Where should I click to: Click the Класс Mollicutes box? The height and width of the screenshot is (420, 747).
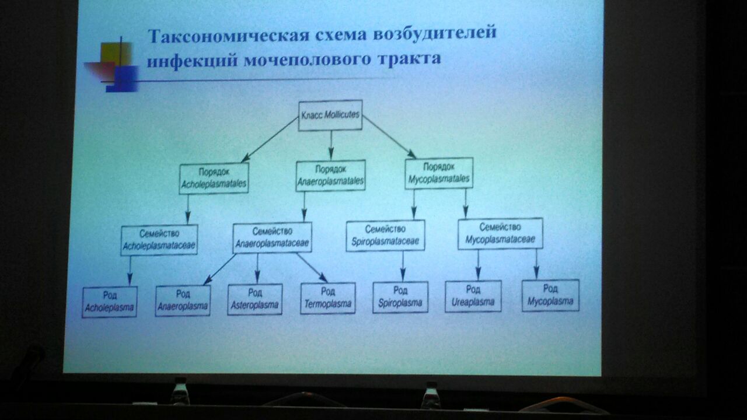(330, 116)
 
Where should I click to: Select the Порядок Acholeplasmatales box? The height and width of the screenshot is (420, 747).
(214, 178)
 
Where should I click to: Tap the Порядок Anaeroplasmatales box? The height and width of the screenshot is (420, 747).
(330, 176)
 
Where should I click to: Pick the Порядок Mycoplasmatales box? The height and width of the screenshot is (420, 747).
(439, 173)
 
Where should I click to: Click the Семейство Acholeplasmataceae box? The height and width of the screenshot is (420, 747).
(159, 240)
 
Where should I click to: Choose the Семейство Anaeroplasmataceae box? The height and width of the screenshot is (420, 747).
(272, 237)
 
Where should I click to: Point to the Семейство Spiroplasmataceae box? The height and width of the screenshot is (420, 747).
(385, 235)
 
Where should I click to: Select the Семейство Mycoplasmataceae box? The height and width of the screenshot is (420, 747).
(500, 234)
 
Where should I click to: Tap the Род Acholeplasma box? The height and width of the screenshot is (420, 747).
(109, 302)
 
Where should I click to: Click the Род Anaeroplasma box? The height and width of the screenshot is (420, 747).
(183, 300)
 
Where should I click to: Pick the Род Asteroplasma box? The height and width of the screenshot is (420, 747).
(255, 299)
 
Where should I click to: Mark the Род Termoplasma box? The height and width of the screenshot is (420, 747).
(328, 298)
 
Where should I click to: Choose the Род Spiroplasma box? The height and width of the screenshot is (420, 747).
(400, 297)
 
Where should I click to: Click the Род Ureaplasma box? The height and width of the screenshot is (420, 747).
(473, 296)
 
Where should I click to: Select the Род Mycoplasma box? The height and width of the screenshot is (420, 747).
(550, 295)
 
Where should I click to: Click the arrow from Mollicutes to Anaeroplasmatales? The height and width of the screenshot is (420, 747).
(331, 145)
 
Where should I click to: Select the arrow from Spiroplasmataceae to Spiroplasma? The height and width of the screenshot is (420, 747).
(403, 267)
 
